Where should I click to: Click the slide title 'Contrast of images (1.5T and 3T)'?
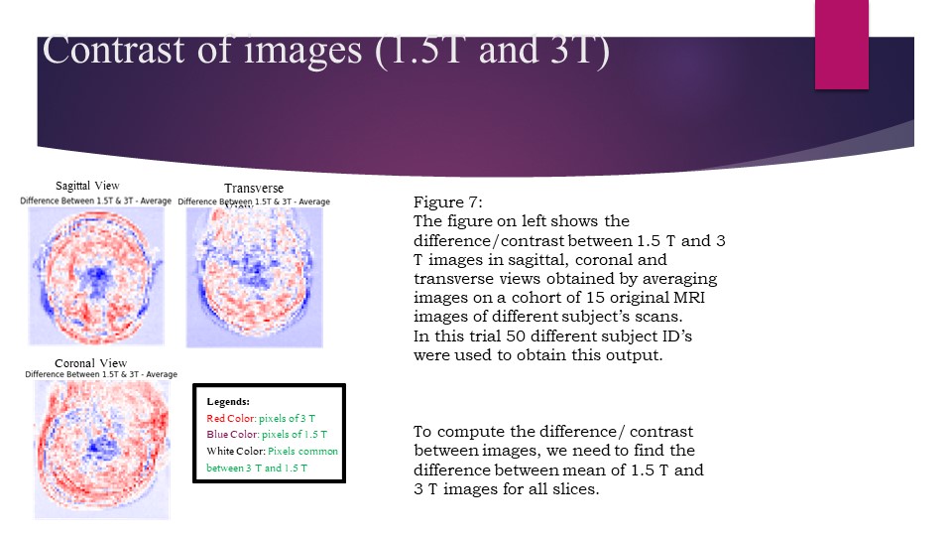click(324, 51)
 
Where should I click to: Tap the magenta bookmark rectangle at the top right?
click(841, 45)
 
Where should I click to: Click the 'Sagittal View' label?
click(87, 185)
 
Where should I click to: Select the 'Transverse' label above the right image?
click(253, 189)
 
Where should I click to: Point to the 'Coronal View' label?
click(90, 362)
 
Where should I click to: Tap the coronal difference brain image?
click(101, 449)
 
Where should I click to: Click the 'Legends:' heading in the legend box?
click(228, 402)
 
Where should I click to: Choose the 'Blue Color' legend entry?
click(232, 435)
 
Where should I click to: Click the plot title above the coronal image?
click(101, 374)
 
